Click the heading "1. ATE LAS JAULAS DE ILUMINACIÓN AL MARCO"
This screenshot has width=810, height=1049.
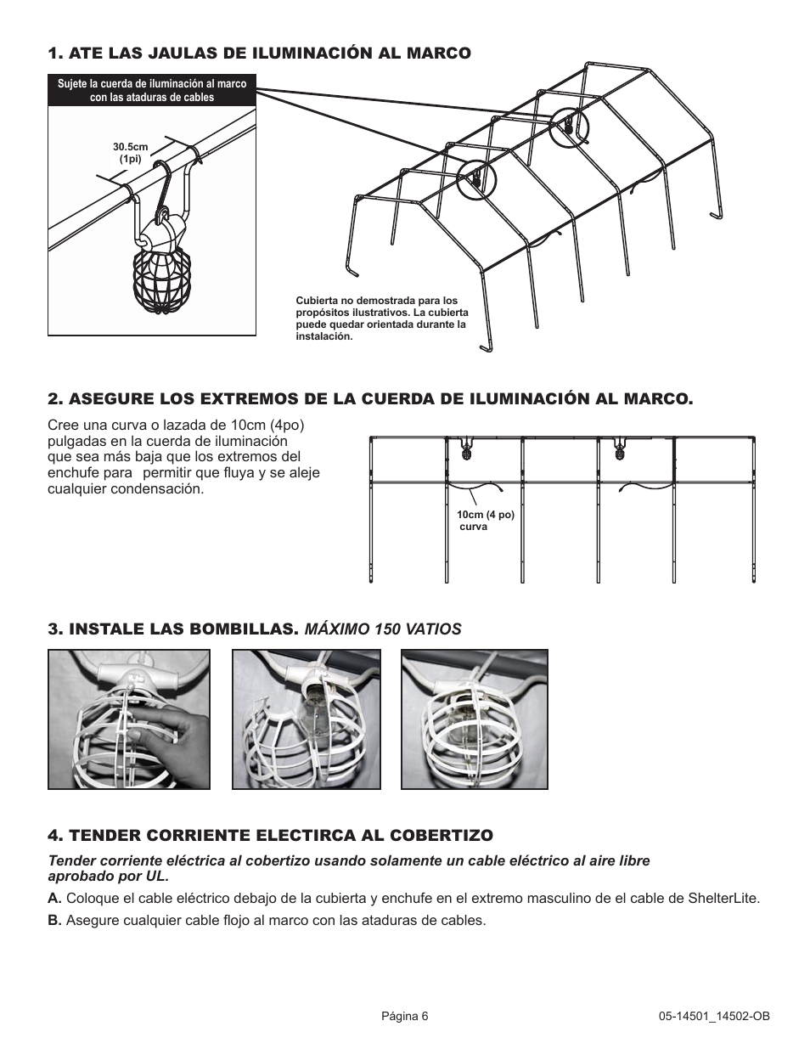point(259,54)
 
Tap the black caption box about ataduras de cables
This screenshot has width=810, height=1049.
point(152,91)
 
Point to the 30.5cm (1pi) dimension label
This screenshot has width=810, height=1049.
point(131,153)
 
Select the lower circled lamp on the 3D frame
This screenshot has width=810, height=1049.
point(475,179)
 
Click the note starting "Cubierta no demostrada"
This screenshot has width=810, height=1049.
point(380,319)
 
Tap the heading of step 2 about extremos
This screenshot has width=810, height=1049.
point(370,398)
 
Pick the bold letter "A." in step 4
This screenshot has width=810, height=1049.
point(55,899)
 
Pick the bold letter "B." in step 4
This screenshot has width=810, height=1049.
point(55,921)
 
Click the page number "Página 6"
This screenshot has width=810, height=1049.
point(405,1016)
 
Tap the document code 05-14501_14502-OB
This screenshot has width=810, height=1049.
point(714,1016)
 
